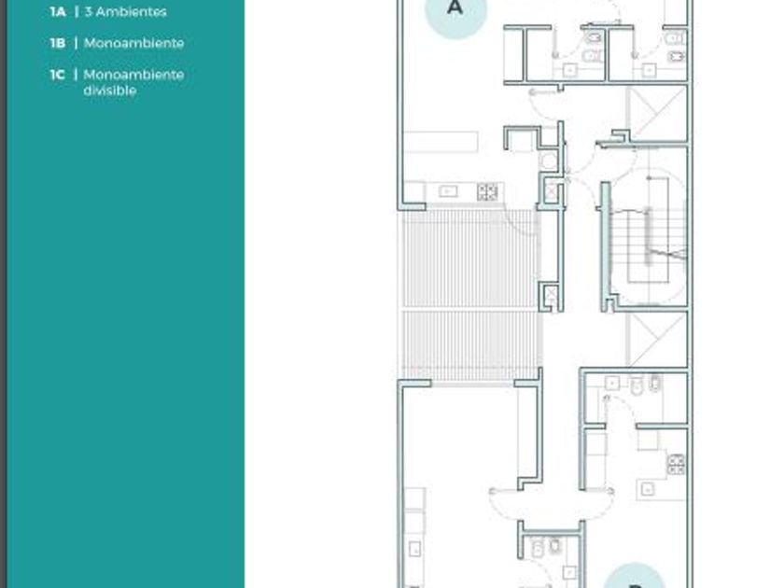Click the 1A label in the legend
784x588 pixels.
[x=58, y=11]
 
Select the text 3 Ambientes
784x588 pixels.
[x=125, y=11]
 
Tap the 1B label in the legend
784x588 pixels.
[x=58, y=43]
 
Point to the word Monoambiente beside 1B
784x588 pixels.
[x=134, y=43]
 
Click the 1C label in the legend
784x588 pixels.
[x=58, y=75]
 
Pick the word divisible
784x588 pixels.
[x=110, y=91]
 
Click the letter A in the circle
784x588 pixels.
[x=455, y=7]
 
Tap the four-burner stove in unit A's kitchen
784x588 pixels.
[x=487, y=192]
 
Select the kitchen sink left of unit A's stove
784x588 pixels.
[x=448, y=191]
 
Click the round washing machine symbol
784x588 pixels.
[x=549, y=161]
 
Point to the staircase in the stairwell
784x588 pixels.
[x=649, y=236]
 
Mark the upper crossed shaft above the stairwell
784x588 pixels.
[x=656, y=114]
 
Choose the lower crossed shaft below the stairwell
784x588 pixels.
[x=656, y=340]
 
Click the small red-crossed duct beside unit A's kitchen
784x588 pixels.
[x=551, y=191]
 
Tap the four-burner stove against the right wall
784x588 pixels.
[x=676, y=464]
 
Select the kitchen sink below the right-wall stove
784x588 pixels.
[x=648, y=489]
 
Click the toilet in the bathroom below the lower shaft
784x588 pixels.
[x=636, y=385]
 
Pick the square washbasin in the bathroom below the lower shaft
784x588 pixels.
[x=612, y=384]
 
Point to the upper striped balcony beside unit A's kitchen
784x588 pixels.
[x=470, y=258]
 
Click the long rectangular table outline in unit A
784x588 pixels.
[x=441, y=142]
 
